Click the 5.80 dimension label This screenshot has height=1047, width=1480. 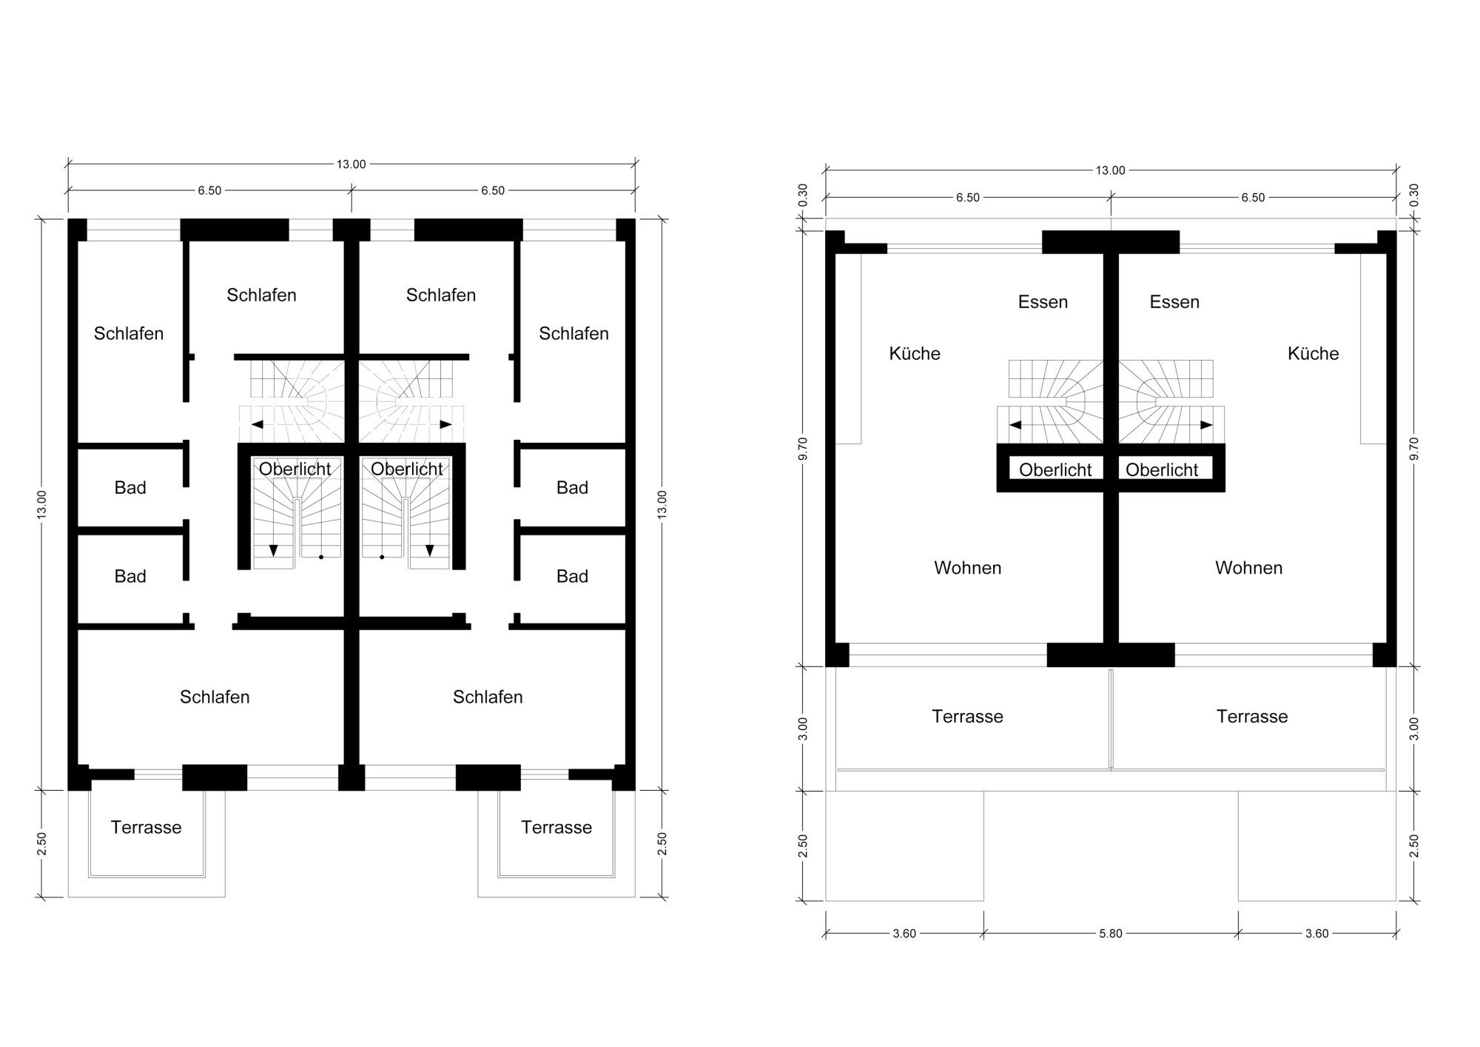[1110, 934]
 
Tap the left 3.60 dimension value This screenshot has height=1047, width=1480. [904, 934]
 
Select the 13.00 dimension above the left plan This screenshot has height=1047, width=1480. [351, 164]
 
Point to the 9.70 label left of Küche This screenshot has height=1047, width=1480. [804, 448]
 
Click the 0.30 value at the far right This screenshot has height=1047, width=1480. [1414, 195]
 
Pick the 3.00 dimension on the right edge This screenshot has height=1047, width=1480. [1414, 728]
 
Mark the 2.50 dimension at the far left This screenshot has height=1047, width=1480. [41, 844]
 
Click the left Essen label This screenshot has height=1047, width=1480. [1043, 302]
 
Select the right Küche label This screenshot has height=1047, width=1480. [1313, 353]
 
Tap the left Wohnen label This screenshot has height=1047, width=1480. [967, 568]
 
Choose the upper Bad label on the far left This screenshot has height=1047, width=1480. [130, 487]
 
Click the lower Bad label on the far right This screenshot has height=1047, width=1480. [572, 576]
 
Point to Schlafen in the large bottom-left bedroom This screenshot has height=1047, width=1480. [215, 697]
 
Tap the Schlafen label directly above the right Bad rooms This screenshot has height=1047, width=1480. [573, 333]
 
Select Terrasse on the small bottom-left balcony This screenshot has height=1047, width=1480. [146, 827]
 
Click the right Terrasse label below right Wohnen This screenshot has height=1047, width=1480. [1252, 716]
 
